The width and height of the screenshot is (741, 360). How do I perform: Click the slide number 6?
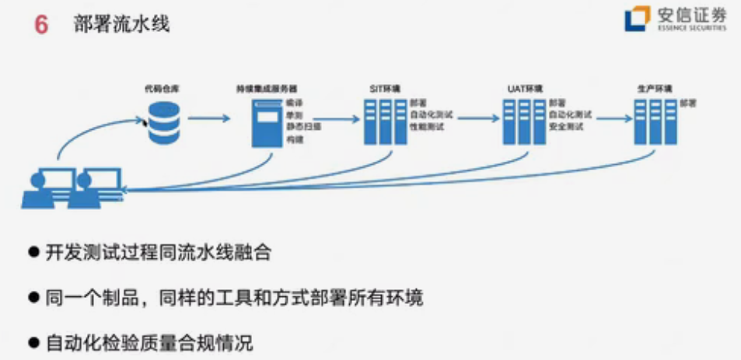pos(41,25)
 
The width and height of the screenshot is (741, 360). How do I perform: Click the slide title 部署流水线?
pos(121,24)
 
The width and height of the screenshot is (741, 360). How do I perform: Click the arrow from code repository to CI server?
pos(209,119)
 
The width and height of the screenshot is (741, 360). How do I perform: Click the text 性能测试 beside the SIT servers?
pos(426,127)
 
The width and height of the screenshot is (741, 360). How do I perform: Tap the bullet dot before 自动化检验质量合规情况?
pos(33,341)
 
